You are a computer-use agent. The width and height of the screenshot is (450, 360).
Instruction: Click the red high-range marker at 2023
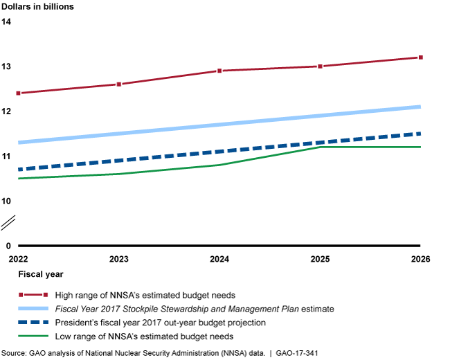(x=119, y=84)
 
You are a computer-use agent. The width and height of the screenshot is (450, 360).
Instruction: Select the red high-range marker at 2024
(x=219, y=71)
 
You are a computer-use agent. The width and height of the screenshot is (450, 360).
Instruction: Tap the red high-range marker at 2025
(x=320, y=66)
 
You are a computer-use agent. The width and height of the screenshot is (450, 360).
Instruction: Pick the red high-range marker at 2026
(x=420, y=57)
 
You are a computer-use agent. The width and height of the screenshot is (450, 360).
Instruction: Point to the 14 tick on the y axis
(x=6, y=21)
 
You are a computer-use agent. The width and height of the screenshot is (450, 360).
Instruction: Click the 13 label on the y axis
(x=6, y=66)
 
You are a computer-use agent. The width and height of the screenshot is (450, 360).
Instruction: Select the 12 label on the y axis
(x=6, y=111)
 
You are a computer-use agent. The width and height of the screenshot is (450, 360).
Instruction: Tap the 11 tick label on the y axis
(x=6, y=156)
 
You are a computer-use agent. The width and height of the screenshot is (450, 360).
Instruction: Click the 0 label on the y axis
(x=9, y=246)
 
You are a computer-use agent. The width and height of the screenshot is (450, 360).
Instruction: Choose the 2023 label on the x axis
(x=119, y=259)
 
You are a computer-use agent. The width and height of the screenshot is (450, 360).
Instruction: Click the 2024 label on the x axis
(x=219, y=259)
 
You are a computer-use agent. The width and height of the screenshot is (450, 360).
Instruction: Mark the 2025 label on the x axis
(x=320, y=259)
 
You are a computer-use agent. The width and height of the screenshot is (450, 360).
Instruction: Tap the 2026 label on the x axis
(x=420, y=259)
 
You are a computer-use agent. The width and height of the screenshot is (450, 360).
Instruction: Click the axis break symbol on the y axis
(x=9, y=223)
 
